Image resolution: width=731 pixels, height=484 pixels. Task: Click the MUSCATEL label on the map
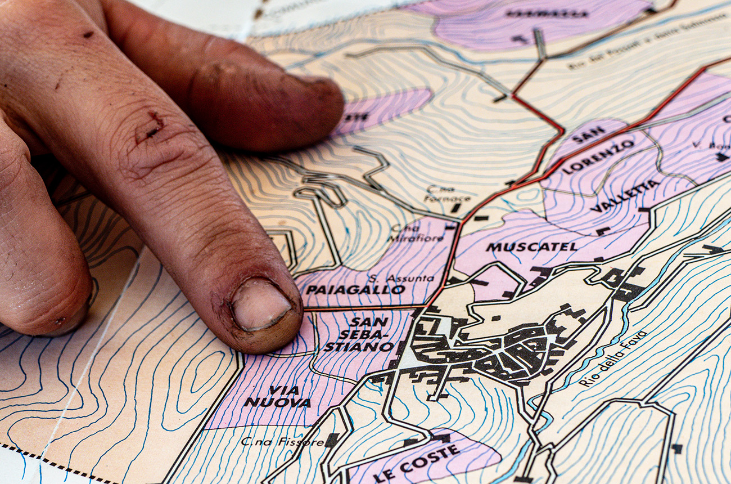tap(531, 247)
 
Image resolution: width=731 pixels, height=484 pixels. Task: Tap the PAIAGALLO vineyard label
tap(355, 290)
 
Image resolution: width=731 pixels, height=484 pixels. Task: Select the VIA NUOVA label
tap(277, 396)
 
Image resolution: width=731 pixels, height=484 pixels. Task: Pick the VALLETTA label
tap(625, 196)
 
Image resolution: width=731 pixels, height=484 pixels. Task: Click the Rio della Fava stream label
tap(613, 358)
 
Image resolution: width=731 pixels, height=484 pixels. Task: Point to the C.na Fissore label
tap(282, 442)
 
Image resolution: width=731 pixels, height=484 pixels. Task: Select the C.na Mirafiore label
tap(417, 232)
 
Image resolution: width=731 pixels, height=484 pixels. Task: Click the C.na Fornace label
tap(448, 194)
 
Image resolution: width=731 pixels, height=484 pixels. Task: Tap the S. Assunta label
tap(401, 277)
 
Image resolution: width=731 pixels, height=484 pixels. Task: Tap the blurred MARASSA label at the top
tap(546, 14)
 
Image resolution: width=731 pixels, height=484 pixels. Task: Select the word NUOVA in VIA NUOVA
tap(277, 403)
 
